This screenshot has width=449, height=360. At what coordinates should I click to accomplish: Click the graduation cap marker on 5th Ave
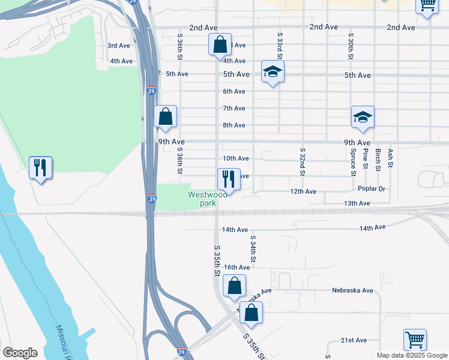pos(273,71)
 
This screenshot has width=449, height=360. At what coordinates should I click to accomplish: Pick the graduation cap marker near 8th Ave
pos(363,117)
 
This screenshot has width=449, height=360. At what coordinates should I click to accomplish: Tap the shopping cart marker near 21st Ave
pos(415,339)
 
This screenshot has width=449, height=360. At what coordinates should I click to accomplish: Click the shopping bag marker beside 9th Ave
pos(165,116)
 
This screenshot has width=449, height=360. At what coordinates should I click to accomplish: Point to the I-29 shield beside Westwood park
pos(152,199)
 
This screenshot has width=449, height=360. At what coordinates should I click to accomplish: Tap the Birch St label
pos(378,160)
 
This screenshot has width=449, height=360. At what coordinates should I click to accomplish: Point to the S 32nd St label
pos(302,162)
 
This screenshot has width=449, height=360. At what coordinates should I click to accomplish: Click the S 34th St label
pos(253,249)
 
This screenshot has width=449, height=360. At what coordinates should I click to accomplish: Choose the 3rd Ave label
pos(119,46)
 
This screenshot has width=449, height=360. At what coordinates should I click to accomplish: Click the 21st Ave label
pos(354,340)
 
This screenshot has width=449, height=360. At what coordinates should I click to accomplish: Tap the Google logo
pos(20,353)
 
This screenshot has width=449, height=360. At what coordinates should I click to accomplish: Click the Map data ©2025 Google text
pos(411,355)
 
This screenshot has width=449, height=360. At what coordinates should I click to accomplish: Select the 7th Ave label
pos(234,108)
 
